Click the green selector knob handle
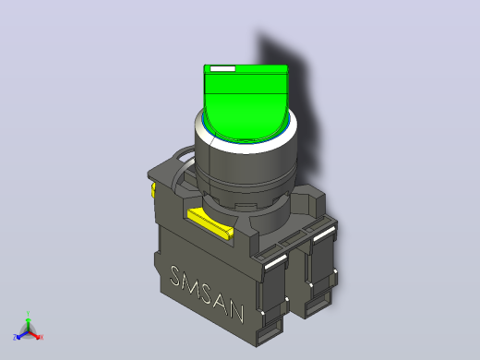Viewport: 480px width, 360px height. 246,102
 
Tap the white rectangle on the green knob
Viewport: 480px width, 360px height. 222,68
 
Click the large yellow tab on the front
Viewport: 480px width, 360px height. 210,223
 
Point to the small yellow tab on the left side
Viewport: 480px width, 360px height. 153,190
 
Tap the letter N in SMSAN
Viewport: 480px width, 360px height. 236,312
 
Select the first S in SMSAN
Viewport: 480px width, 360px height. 175,276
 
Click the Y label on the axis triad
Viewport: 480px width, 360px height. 28,314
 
